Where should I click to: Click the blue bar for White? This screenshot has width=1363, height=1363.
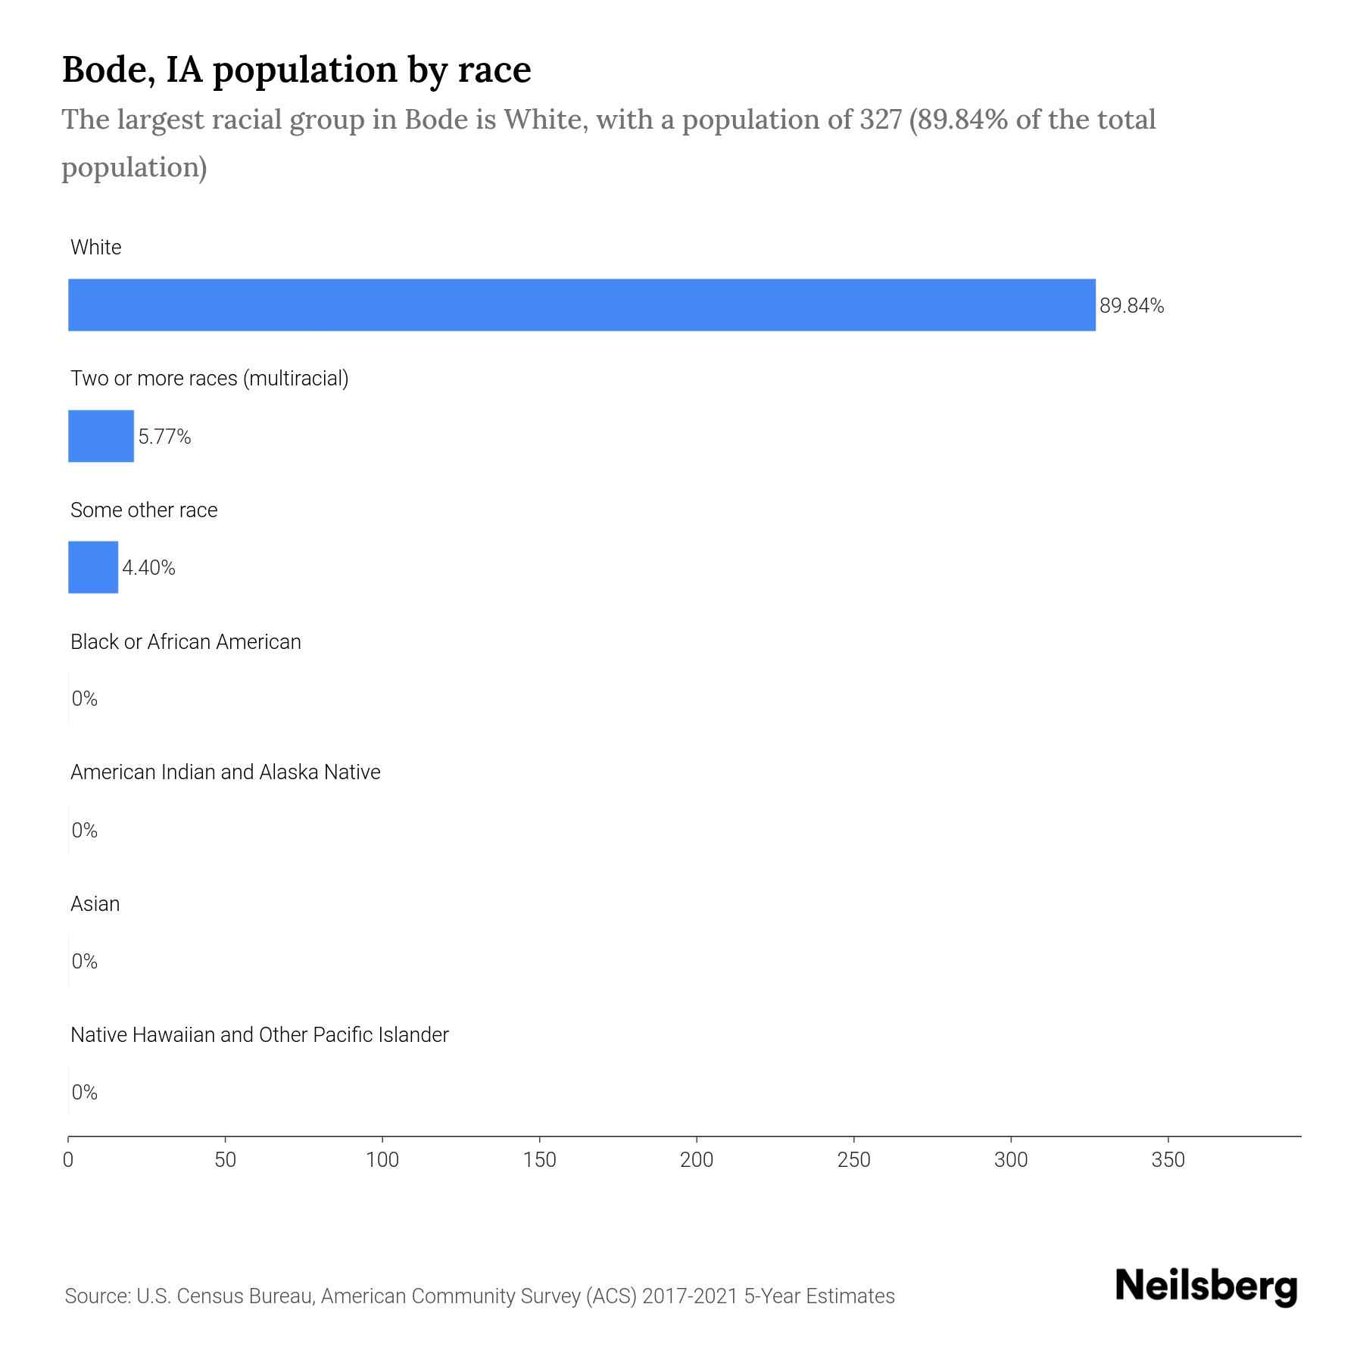(x=582, y=304)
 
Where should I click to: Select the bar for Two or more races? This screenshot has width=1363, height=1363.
(x=101, y=436)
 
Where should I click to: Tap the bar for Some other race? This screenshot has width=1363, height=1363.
(x=93, y=567)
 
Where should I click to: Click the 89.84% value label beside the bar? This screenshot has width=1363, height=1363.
(x=1131, y=306)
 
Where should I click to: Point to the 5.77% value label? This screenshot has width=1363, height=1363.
(x=164, y=437)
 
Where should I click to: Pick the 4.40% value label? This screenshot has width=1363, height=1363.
(x=148, y=568)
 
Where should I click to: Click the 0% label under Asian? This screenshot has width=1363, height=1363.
(x=84, y=962)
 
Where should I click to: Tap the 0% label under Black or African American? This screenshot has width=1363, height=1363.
(x=84, y=699)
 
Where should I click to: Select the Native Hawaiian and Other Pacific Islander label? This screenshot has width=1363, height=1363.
(x=259, y=1034)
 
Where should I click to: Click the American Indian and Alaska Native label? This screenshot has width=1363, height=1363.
(x=225, y=772)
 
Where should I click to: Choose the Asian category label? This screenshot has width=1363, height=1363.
(x=95, y=903)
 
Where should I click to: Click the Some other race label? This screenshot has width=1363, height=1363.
(x=144, y=510)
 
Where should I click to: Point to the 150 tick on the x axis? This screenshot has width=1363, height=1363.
(x=539, y=1160)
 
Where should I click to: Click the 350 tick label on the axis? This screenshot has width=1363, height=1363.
(x=1168, y=1160)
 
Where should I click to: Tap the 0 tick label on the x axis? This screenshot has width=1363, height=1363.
(x=68, y=1160)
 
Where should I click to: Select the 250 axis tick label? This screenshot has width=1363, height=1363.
(x=853, y=1160)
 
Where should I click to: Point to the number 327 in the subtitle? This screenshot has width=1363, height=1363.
(x=880, y=120)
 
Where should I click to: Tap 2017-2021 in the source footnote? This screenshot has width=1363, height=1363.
(x=689, y=1296)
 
